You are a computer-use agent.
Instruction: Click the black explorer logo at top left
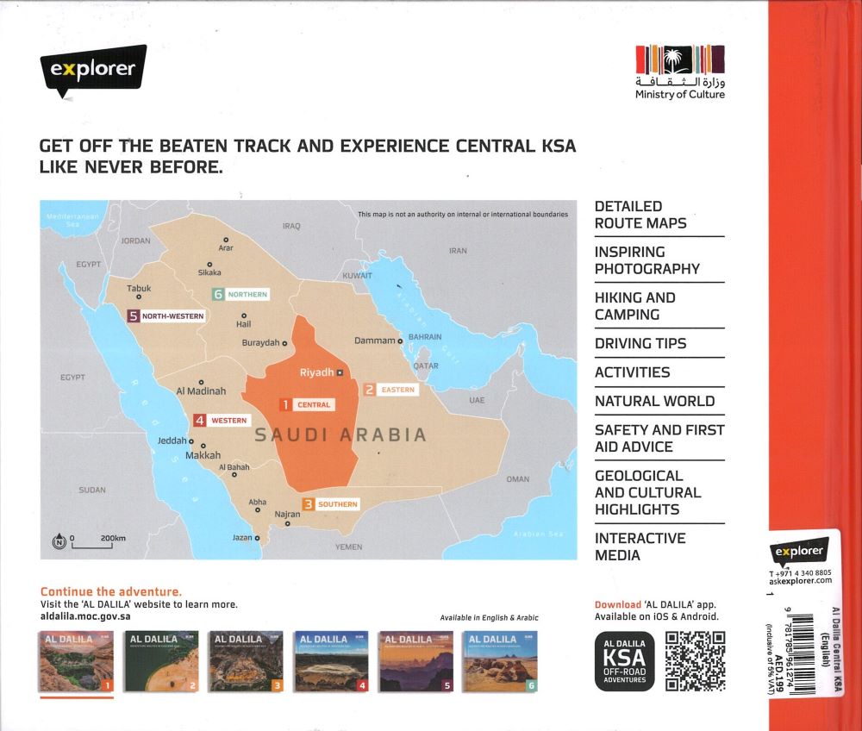tap(93, 69)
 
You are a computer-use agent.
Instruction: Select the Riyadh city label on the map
tap(316, 372)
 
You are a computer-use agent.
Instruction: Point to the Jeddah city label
tap(172, 440)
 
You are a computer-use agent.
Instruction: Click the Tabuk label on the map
tap(139, 289)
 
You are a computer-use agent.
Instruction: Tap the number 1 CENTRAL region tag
tap(305, 404)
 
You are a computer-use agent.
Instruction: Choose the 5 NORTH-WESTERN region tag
tap(166, 316)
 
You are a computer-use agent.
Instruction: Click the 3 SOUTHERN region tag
tap(329, 504)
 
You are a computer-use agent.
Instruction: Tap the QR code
tap(695, 661)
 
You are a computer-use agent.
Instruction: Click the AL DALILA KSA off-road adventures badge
tap(624, 661)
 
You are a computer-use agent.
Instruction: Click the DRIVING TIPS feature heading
tap(640, 343)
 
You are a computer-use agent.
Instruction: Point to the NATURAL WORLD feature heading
tap(654, 401)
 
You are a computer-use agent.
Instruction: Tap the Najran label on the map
tap(287, 514)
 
